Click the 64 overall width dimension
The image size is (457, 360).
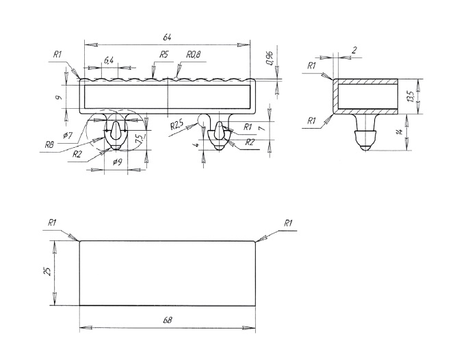(166, 38)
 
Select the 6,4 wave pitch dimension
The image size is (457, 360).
(109, 62)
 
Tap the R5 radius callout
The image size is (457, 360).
(164, 54)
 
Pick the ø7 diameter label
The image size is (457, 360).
(68, 135)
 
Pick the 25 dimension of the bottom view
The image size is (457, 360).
(46, 272)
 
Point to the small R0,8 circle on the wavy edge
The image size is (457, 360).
(176, 78)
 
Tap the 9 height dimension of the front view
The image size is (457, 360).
(61, 97)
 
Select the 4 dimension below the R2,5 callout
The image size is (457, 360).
(196, 144)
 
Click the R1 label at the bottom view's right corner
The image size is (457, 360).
(288, 223)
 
